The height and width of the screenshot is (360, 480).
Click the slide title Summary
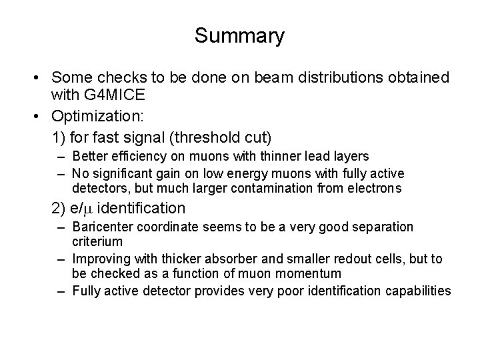239,35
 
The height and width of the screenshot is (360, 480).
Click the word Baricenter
99,227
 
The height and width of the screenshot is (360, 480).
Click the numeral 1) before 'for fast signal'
57,137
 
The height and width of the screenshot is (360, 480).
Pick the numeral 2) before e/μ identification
57,209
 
